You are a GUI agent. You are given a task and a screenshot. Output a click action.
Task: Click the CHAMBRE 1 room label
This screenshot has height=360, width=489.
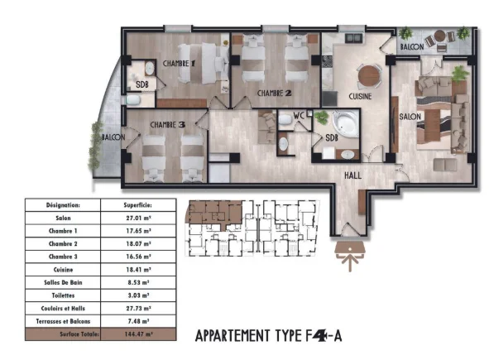pos(178,64)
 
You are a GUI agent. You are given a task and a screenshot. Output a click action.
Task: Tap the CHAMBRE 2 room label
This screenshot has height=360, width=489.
pos(274,93)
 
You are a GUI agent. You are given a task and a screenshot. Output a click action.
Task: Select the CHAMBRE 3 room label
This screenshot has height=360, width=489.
pos(166,124)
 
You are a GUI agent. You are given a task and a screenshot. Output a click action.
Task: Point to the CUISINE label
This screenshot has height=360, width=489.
pos(359,97)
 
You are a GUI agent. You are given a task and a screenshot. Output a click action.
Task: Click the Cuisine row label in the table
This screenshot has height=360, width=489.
pos(63,270)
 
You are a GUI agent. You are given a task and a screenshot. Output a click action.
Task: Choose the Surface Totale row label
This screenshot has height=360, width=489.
pos(63,334)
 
